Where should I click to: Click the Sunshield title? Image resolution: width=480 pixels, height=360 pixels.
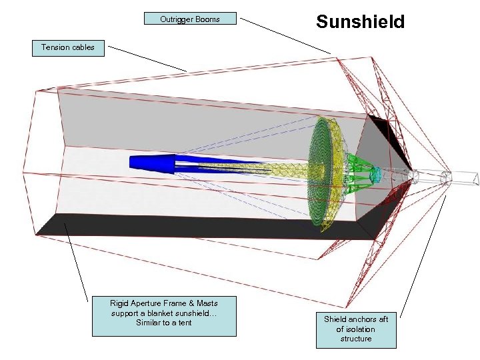coord(360,22)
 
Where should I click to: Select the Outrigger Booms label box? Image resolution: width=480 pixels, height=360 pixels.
coord(190,19)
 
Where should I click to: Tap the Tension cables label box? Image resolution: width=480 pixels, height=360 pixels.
coord(68,47)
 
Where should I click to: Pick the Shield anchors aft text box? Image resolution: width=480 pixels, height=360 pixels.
coord(356,329)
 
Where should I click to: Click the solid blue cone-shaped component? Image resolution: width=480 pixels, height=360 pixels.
coord(152,162)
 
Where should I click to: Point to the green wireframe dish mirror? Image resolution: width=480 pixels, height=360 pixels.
coord(327,173)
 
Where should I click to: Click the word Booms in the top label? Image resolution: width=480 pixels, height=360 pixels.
coord(207,19)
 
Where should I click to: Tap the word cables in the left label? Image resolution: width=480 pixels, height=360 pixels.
coord(81,47)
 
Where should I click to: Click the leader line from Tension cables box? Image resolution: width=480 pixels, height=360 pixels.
coord(147,58)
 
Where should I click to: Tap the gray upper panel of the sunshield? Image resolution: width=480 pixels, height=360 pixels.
coord(200,117)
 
